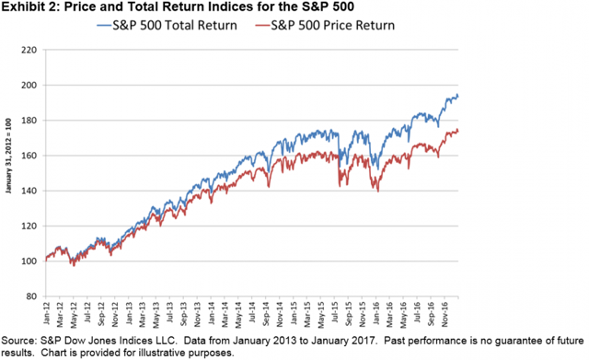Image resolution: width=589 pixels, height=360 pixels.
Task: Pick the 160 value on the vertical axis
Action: point(28,156)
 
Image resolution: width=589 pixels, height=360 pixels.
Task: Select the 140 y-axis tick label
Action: point(28,192)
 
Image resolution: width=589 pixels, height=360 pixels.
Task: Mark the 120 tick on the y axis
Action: point(28,226)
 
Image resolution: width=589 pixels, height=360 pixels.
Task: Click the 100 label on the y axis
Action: point(28,261)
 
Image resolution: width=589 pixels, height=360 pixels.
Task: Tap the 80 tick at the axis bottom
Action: point(29,296)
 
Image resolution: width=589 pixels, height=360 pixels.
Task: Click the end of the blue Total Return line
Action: point(458,96)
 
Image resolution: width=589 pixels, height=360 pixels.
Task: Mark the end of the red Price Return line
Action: point(458,131)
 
